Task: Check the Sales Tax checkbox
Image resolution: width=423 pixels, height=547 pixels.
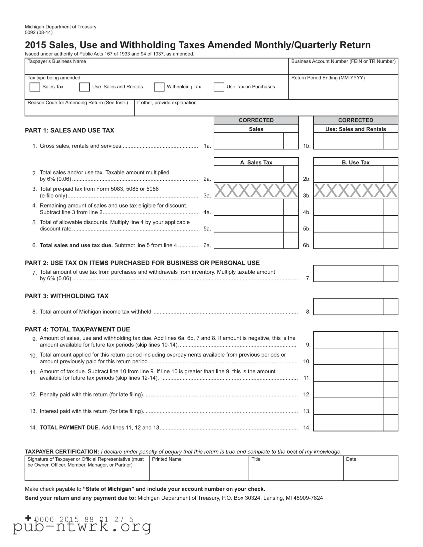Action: point(35,87)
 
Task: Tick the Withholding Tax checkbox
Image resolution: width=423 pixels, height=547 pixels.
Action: point(159,87)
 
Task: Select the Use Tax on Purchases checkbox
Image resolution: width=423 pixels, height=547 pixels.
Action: point(219,87)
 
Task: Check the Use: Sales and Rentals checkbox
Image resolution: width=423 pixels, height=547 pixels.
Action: point(85,87)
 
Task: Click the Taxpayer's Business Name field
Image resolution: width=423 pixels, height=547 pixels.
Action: point(156,69)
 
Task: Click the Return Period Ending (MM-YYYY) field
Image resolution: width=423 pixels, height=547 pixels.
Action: point(343,89)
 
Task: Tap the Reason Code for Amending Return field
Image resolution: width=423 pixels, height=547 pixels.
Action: point(79,110)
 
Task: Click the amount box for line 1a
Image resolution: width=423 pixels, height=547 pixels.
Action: point(249,141)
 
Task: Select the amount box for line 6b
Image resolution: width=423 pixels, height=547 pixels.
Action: point(348,240)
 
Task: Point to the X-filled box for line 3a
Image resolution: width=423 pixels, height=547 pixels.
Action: point(256,190)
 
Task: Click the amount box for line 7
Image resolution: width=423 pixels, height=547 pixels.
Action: point(348,273)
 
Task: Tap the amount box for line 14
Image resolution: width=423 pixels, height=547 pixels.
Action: point(348,423)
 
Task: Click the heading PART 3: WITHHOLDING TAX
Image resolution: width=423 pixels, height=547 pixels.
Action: point(67,296)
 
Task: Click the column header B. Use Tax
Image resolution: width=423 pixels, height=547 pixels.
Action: point(356,162)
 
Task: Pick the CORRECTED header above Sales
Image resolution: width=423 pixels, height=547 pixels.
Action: point(256,120)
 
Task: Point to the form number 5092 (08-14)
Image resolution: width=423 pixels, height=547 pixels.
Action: point(39,32)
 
